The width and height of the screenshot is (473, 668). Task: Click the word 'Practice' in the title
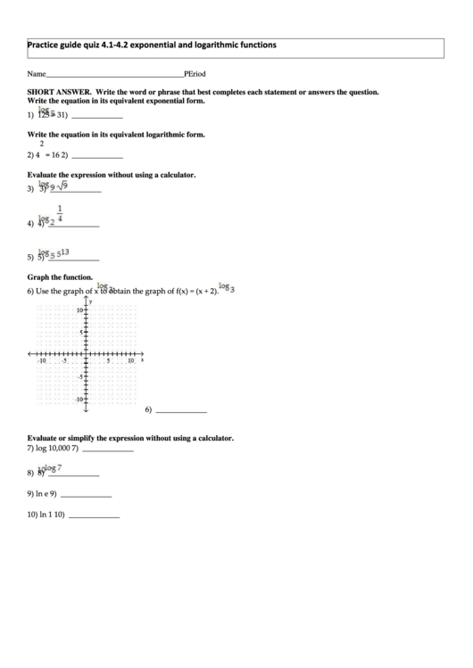44,45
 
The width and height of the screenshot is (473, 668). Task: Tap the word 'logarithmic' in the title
216,45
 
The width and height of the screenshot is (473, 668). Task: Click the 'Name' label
36,75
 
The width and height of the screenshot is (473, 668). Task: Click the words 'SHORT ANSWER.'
59,92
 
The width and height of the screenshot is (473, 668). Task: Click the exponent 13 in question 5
68,252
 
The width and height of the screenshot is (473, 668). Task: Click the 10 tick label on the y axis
79,309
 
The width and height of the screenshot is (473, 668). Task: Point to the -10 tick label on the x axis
41,361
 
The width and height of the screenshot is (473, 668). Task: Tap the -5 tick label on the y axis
79,377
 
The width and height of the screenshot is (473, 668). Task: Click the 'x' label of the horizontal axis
142,360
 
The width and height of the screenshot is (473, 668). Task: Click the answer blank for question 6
181,412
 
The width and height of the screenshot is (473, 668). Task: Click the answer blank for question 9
87,495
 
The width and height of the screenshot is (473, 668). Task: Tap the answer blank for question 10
94,516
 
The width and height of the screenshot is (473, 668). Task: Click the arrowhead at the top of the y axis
86,300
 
